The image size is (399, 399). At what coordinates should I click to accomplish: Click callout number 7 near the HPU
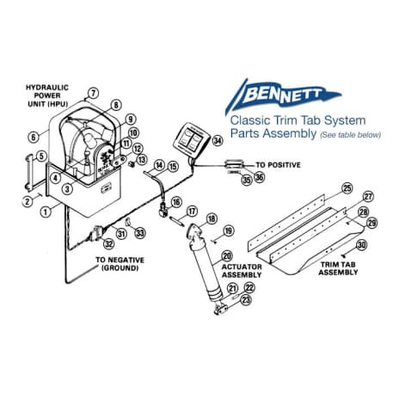(x=94, y=93)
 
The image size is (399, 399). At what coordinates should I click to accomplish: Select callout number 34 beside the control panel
(x=218, y=140)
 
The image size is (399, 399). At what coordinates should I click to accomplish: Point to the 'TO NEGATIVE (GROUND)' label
(x=120, y=263)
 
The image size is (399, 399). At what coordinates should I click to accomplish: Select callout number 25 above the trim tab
(x=347, y=187)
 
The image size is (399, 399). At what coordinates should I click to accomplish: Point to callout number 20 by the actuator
(x=227, y=255)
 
